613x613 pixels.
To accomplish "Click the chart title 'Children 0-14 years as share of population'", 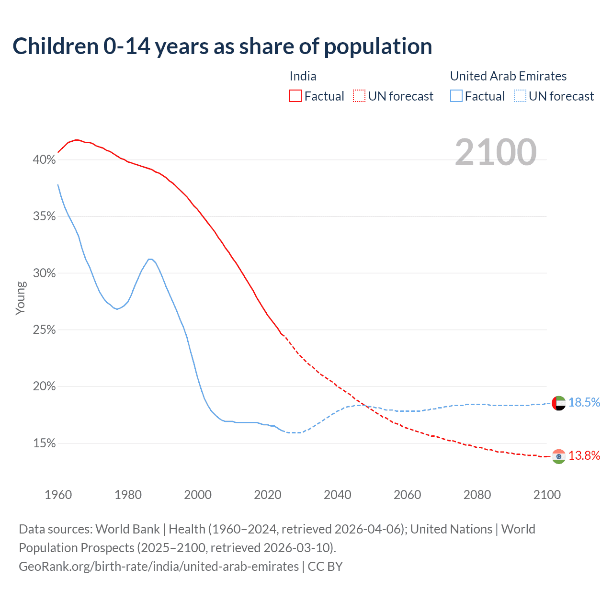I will tap(222, 46).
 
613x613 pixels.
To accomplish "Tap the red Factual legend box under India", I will tap(295, 96).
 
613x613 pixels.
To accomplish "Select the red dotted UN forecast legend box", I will tap(359, 96).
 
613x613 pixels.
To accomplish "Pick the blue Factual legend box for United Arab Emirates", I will tap(456, 96).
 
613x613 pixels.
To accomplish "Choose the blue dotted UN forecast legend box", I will tap(520, 96).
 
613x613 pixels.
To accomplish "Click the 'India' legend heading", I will tap(303, 76).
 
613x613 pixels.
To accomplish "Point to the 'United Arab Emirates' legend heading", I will tap(508, 76).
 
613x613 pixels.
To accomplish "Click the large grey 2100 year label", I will tap(495, 152).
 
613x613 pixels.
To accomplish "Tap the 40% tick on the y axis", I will tap(44, 160).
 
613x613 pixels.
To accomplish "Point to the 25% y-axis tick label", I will tap(44, 330).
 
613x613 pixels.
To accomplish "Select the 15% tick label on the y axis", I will tap(44, 443).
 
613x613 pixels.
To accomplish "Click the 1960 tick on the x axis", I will tap(58, 495).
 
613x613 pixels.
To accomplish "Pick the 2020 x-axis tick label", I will tap(267, 495).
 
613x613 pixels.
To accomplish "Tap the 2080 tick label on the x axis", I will tap(477, 495).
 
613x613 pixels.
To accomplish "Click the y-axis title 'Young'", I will tap(21, 298).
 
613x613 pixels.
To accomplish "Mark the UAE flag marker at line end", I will tap(559, 403).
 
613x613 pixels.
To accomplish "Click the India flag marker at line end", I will tap(559, 456).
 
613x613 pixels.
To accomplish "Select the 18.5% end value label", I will tap(584, 403).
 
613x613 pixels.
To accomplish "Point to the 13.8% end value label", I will tap(584, 456).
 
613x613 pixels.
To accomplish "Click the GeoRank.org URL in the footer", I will tap(159, 567).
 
